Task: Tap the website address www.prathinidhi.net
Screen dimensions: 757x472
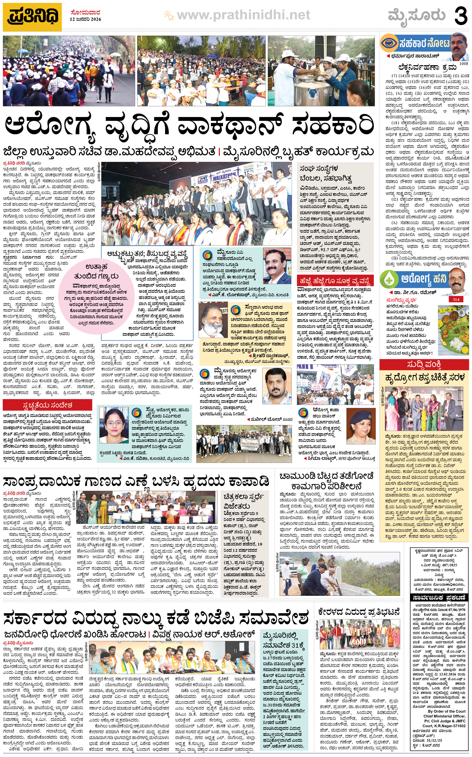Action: [243, 15]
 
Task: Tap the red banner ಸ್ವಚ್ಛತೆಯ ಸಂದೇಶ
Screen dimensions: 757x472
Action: [47, 405]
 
